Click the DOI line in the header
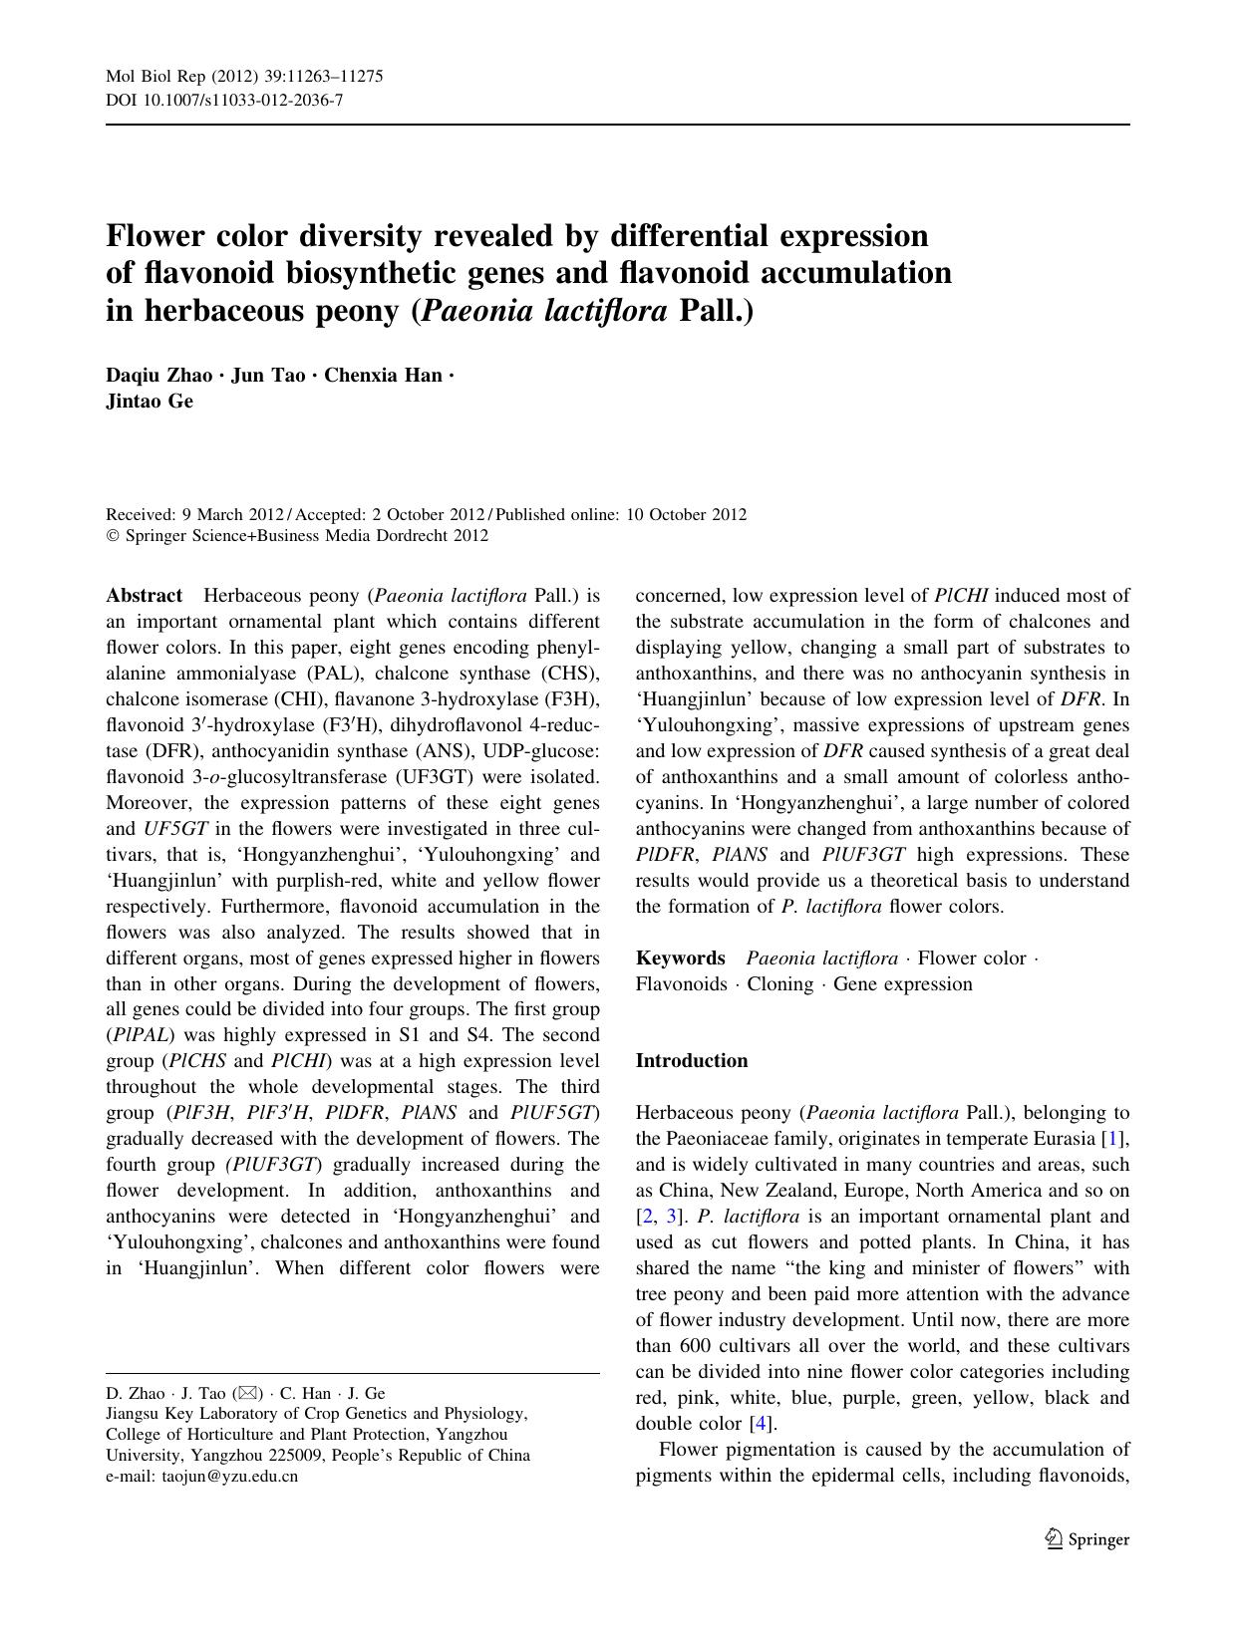point(224,100)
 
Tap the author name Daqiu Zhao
point(158,376)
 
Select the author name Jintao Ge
point(150,402)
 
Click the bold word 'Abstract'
point(145,596)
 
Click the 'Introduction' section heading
point(691,1060)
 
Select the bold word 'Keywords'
point(680,958)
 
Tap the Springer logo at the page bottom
point(1086,1538)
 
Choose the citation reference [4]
point(763,1424)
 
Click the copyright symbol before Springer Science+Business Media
point(113,536)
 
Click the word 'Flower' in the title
point(160,235)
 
